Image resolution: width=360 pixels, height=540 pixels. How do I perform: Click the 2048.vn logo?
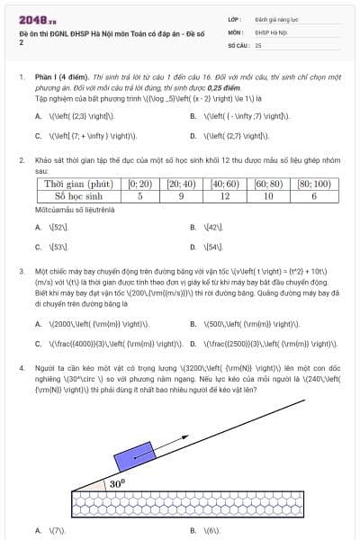tap(38, 19)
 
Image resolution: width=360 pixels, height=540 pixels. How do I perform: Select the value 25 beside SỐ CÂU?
tap(258, 44)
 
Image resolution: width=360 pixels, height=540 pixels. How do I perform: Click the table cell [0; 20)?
tap(139, 183)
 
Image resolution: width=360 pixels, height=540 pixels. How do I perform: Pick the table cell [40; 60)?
tap(225, 183)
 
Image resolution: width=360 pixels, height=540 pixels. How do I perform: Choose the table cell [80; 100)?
tap(313, 183)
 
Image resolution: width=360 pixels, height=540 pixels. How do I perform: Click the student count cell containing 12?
tap(225, 195)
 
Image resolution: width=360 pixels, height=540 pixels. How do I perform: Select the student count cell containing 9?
tap(182, 195)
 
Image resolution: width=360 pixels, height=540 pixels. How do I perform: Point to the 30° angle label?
tap(117, 483)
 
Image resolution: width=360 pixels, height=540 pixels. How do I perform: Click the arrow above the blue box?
tap(166, 427)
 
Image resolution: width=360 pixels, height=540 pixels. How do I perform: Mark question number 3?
tap(21, 270)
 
